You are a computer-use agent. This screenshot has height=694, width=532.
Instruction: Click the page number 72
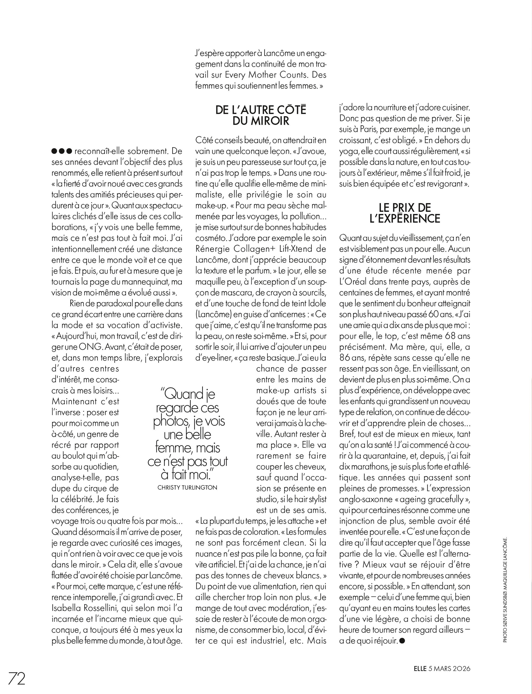point(16,679)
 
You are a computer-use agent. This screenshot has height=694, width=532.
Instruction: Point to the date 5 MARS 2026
point(449,669)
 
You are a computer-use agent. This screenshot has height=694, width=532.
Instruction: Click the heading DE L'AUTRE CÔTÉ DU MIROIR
point(261,115)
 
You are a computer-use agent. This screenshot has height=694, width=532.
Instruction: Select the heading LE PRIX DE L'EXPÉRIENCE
point(405,213)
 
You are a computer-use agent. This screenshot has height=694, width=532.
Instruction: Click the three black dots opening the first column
point(62,151)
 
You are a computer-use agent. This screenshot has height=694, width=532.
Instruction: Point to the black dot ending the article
point(402,641)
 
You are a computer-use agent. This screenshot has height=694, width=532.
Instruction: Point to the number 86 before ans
point(346,358)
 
